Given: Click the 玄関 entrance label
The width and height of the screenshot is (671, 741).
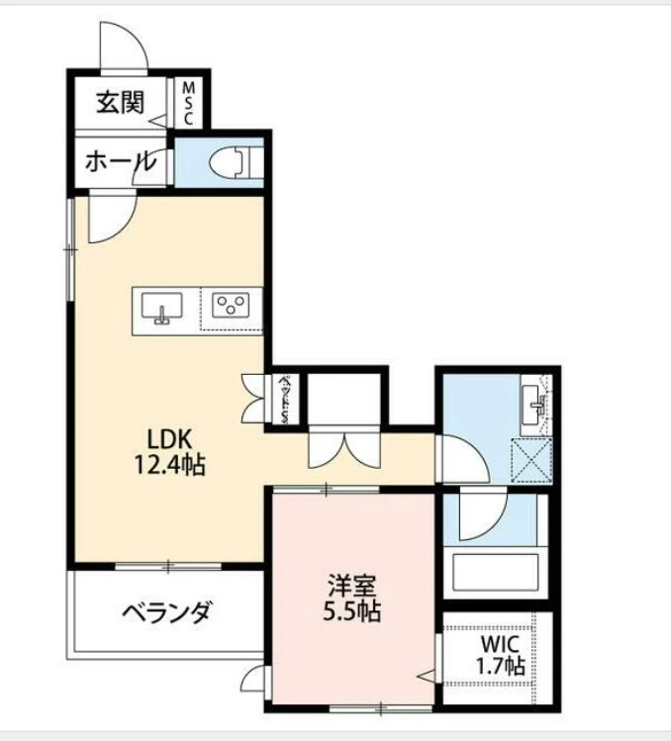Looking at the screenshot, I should pyautogui.click(x=121, y=101).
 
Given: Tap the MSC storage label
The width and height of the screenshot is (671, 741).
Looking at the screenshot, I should pyautogui.click(x=187, y=101).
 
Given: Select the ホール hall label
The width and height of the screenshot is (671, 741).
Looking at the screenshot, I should pyautogui.click(x=120, y=160).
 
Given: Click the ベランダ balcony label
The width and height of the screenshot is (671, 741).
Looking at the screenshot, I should pyautogui.click(x=167, y=612).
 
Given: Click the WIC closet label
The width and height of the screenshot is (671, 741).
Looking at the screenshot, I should pyautogui.click(x=500, y=642).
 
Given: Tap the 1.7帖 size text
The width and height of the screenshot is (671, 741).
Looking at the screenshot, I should pyautogui.click(x=500, y=666).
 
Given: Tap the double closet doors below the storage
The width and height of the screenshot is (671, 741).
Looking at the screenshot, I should pyautogui.click(x=341, y=449).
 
